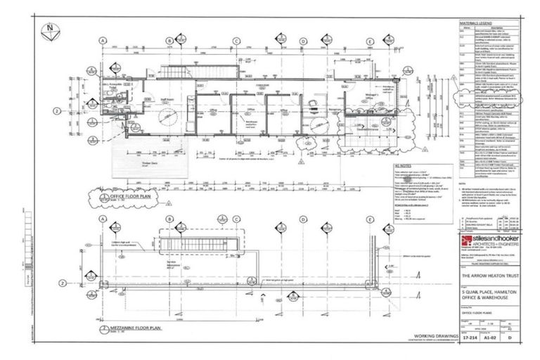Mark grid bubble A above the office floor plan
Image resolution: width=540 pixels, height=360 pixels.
click(x=103, y=41)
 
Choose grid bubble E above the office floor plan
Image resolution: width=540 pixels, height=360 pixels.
click(x=369, y=41)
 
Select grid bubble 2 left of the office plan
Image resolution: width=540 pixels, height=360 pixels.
click(x=56, y=111)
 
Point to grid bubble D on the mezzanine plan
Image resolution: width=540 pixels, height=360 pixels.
click(x=303, y=219)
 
